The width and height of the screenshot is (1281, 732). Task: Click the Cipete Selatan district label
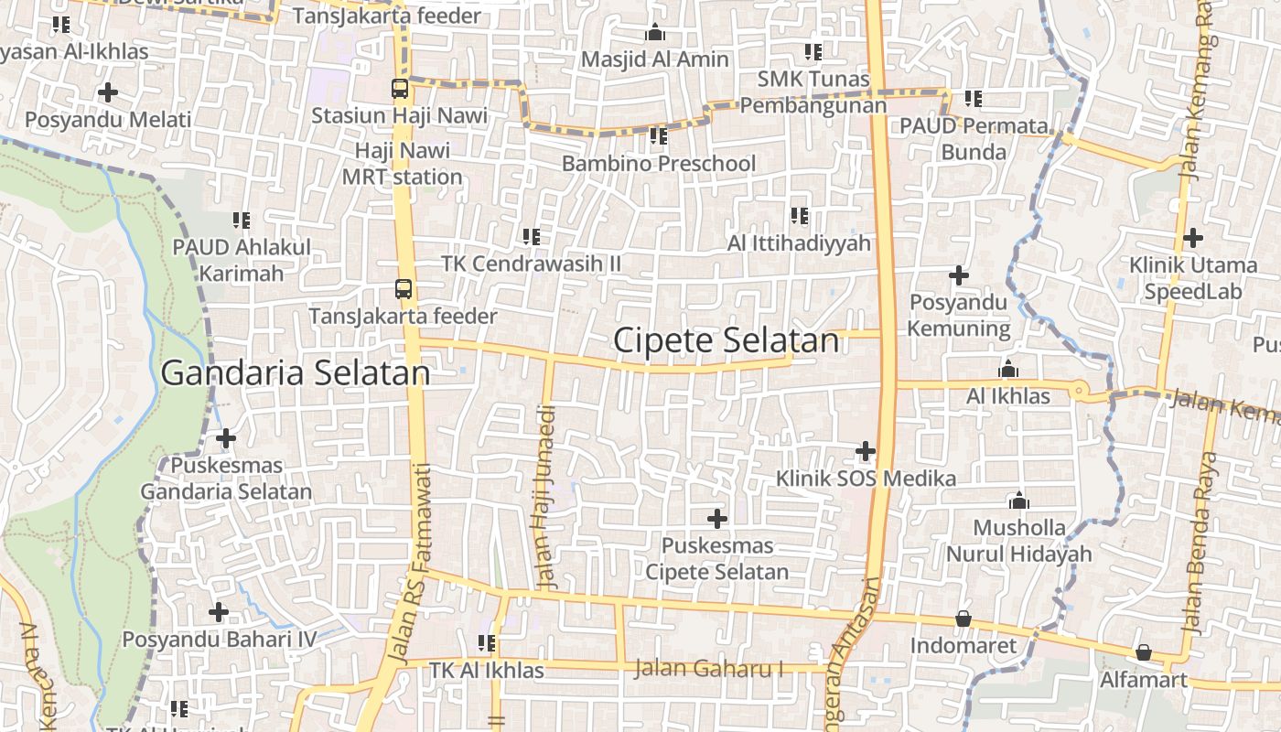point(726,340)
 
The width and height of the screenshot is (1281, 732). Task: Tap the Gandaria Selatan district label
point(296,373)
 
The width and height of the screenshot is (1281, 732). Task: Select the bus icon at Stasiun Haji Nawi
point(400,89)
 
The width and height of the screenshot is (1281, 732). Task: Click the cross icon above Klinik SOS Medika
point(866,451)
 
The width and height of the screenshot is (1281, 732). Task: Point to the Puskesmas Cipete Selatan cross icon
point(717,519)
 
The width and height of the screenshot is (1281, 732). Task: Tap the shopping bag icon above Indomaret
point(963,619)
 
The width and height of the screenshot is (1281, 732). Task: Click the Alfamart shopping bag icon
point(1143,652)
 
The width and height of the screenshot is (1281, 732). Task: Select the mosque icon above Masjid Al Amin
point(655,33)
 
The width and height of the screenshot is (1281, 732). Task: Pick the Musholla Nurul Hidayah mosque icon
point(1018,501)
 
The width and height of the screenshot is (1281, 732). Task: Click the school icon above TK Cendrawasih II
point(531,237)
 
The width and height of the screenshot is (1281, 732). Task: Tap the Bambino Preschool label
point(659,164)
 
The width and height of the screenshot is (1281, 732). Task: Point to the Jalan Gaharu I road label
point(709,669)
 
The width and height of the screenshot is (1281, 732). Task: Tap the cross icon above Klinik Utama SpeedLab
point(1192,239)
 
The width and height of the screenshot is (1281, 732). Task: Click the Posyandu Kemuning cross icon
point(958,275)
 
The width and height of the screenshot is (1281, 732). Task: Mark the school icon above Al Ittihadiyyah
point(800,216)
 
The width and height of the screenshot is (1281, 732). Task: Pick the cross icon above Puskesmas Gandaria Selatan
point(226,438)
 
